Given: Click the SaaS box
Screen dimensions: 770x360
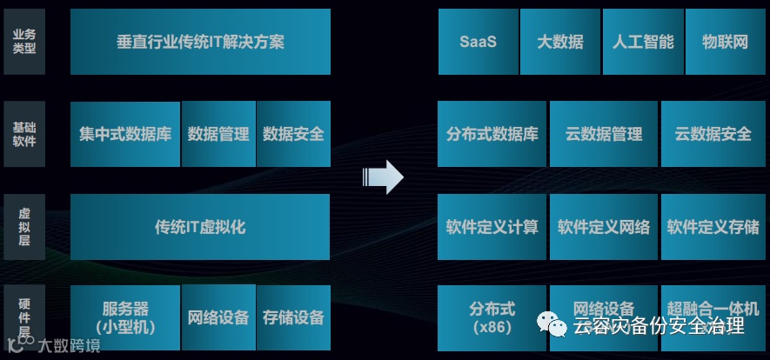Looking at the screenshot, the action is (x=478, y=42).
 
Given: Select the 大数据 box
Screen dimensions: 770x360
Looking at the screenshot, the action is (x=560, y=42).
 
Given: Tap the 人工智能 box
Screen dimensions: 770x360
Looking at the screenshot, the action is (x=643, y=42).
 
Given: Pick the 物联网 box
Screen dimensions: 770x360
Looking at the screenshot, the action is (x=725, y=42).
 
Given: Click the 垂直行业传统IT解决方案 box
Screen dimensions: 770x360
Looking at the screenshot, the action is (x=200, y=42).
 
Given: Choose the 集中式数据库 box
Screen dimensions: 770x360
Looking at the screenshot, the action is (x=125, y=134).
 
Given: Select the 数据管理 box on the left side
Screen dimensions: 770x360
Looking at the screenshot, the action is (x=218, y=134).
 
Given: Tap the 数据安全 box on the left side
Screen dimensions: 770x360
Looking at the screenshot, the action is (x=293, y=134).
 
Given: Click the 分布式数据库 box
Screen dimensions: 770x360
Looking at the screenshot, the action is (x=492, y=134).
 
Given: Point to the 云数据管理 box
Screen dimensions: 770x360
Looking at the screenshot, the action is (x=603, y=134).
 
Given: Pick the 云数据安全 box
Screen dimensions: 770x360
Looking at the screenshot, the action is (x=713, y=134).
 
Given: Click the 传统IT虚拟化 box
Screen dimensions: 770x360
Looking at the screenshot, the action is (x=200, y=227).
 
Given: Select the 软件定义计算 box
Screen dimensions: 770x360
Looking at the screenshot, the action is (x=492, y=227).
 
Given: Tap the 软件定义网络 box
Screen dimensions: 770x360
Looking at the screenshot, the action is (x=603, y=227).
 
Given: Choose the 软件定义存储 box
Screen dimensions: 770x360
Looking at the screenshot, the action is (x=713, y=227).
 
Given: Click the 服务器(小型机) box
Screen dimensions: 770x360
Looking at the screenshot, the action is (x=125, y=317).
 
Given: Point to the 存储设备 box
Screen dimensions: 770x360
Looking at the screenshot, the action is (x=293, y=317).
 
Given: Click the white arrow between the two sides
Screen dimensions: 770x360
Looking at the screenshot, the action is (x=383, y=177).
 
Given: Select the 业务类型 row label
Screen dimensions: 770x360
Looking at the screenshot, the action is (x=24, y=42).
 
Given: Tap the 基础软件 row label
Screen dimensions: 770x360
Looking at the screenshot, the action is (x=24, y=134).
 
